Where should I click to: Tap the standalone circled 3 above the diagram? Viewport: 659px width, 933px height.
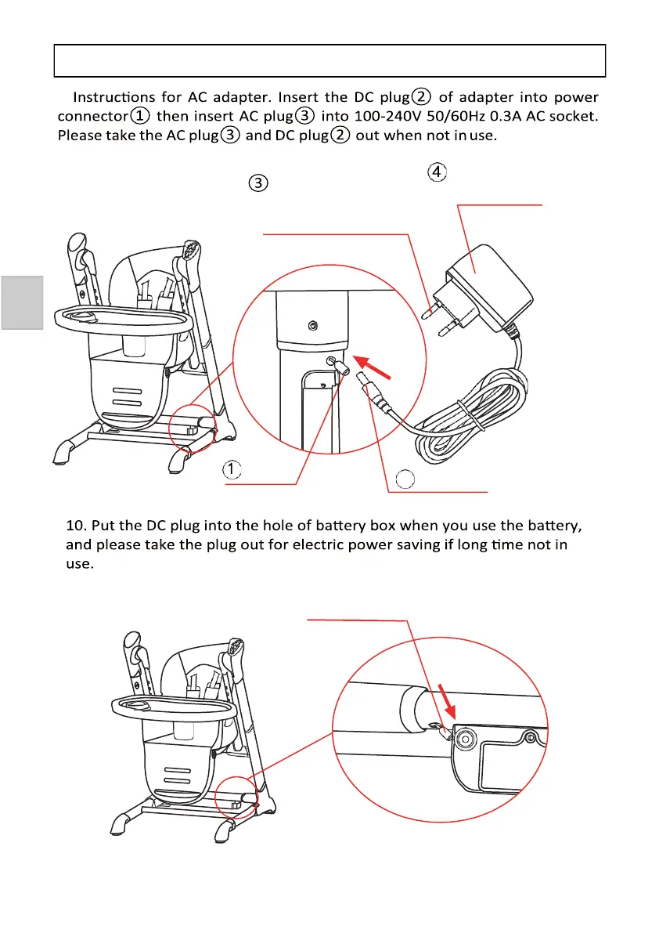point(259,183)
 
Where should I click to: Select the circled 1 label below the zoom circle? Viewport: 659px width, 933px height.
point(232,469)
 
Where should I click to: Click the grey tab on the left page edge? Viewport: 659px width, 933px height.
point(21,302)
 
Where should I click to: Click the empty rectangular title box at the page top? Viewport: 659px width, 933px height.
point(329,60)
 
